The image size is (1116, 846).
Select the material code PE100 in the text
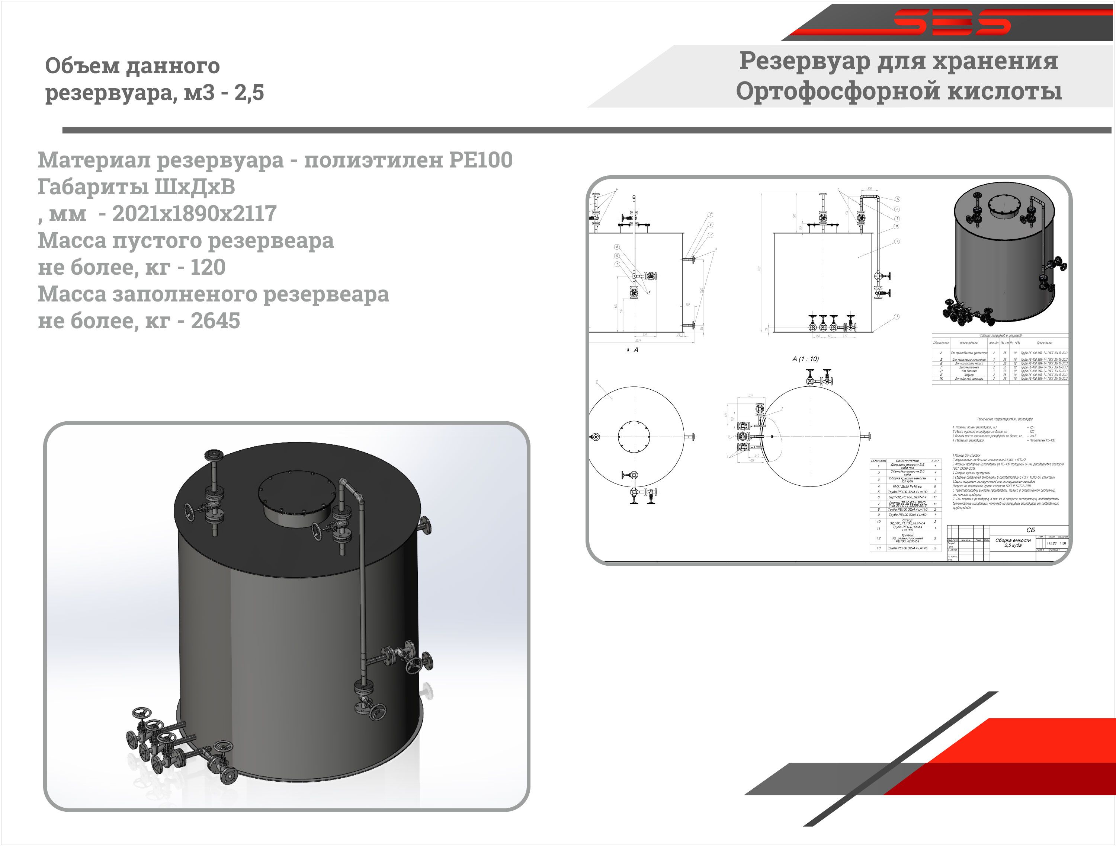[x=480, y=160]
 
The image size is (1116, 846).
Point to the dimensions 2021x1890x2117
[x=194, y=214]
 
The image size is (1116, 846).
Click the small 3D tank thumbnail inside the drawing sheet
[x=1004, y=252]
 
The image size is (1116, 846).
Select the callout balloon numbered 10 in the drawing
[x=898, y=199]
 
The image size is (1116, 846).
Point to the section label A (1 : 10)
[x=806, y=359]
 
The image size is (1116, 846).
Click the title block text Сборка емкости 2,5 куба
[x=1013, y=543]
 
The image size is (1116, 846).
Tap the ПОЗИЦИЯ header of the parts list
[x=878, y=460]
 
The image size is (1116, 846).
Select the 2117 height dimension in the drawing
[x=759, y=269]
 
